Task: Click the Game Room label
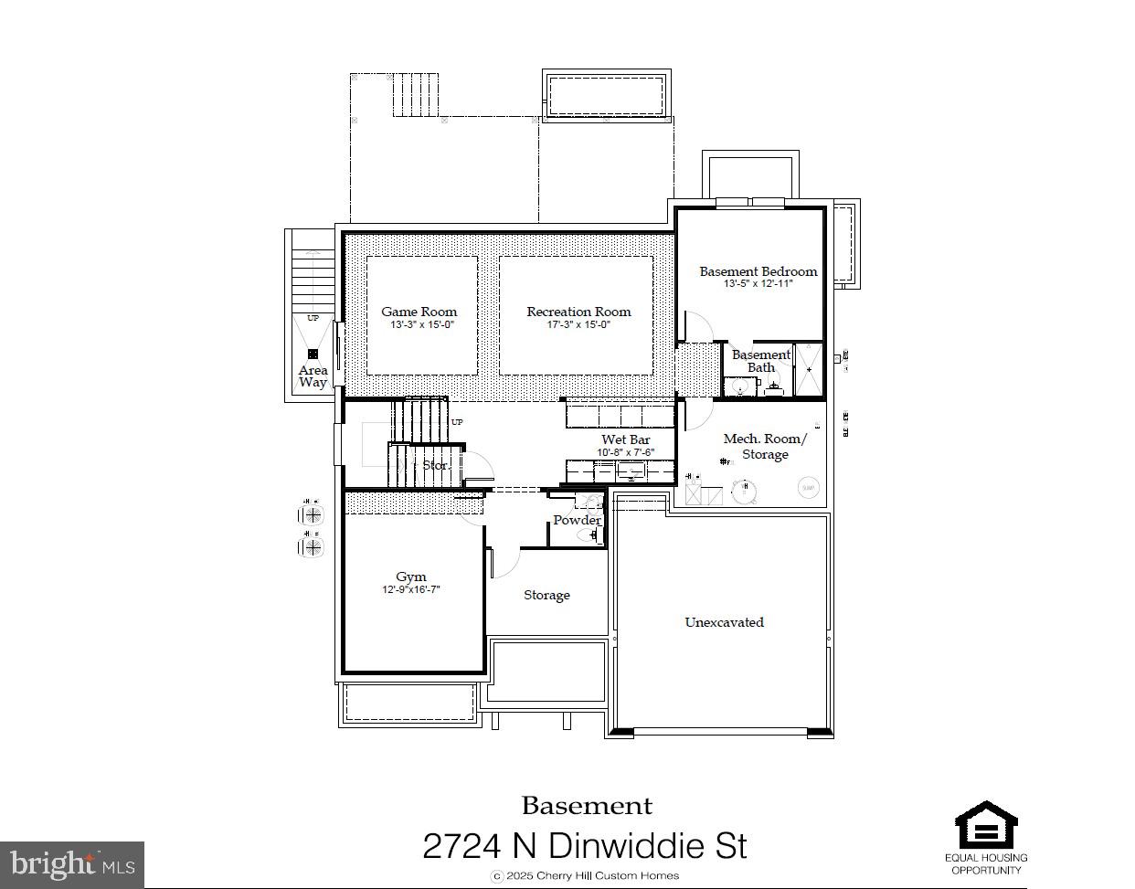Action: click(419, 312)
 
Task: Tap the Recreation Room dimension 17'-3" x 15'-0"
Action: click(578, 325)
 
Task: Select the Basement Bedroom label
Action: click(758, 271)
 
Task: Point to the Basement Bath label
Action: click(760, 361)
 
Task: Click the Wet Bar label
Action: click(625, 439)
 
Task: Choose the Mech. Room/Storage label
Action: click(765, 447)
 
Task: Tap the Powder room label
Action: click(577, 520)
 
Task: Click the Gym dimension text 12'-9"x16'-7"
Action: click(410, 590)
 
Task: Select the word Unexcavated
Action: click(724, 622)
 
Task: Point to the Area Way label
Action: click(313, 376)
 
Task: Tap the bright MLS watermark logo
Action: click(72, 864)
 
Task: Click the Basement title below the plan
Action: click(587, 806)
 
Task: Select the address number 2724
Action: click(461, 846)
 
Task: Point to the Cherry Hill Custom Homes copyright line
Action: click(586, 875)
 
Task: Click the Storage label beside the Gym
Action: click(546, 595)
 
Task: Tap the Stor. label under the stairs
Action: click(436, 465)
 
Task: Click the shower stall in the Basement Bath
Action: click(808, 369)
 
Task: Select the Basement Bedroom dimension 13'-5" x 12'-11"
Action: click(758, 284)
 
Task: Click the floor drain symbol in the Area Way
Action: click(313, 354)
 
